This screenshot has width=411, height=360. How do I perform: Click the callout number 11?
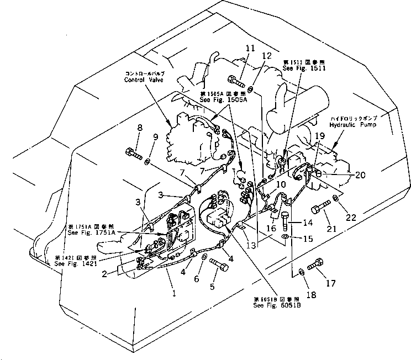250,48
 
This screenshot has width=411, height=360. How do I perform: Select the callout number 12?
268,56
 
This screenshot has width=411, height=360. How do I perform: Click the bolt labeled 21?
320,211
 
